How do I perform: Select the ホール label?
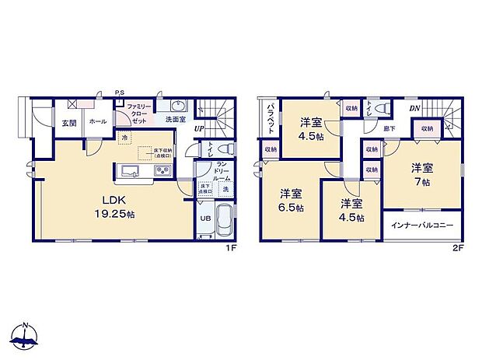(x=97, y=122)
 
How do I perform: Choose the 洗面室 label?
(x=175, y=120)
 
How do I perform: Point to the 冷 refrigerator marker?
(x=124, y=138)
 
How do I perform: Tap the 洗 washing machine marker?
(x=225, y=190)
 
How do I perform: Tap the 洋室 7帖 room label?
(x=422, y=175)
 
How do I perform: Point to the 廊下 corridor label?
(x=389, y=128)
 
